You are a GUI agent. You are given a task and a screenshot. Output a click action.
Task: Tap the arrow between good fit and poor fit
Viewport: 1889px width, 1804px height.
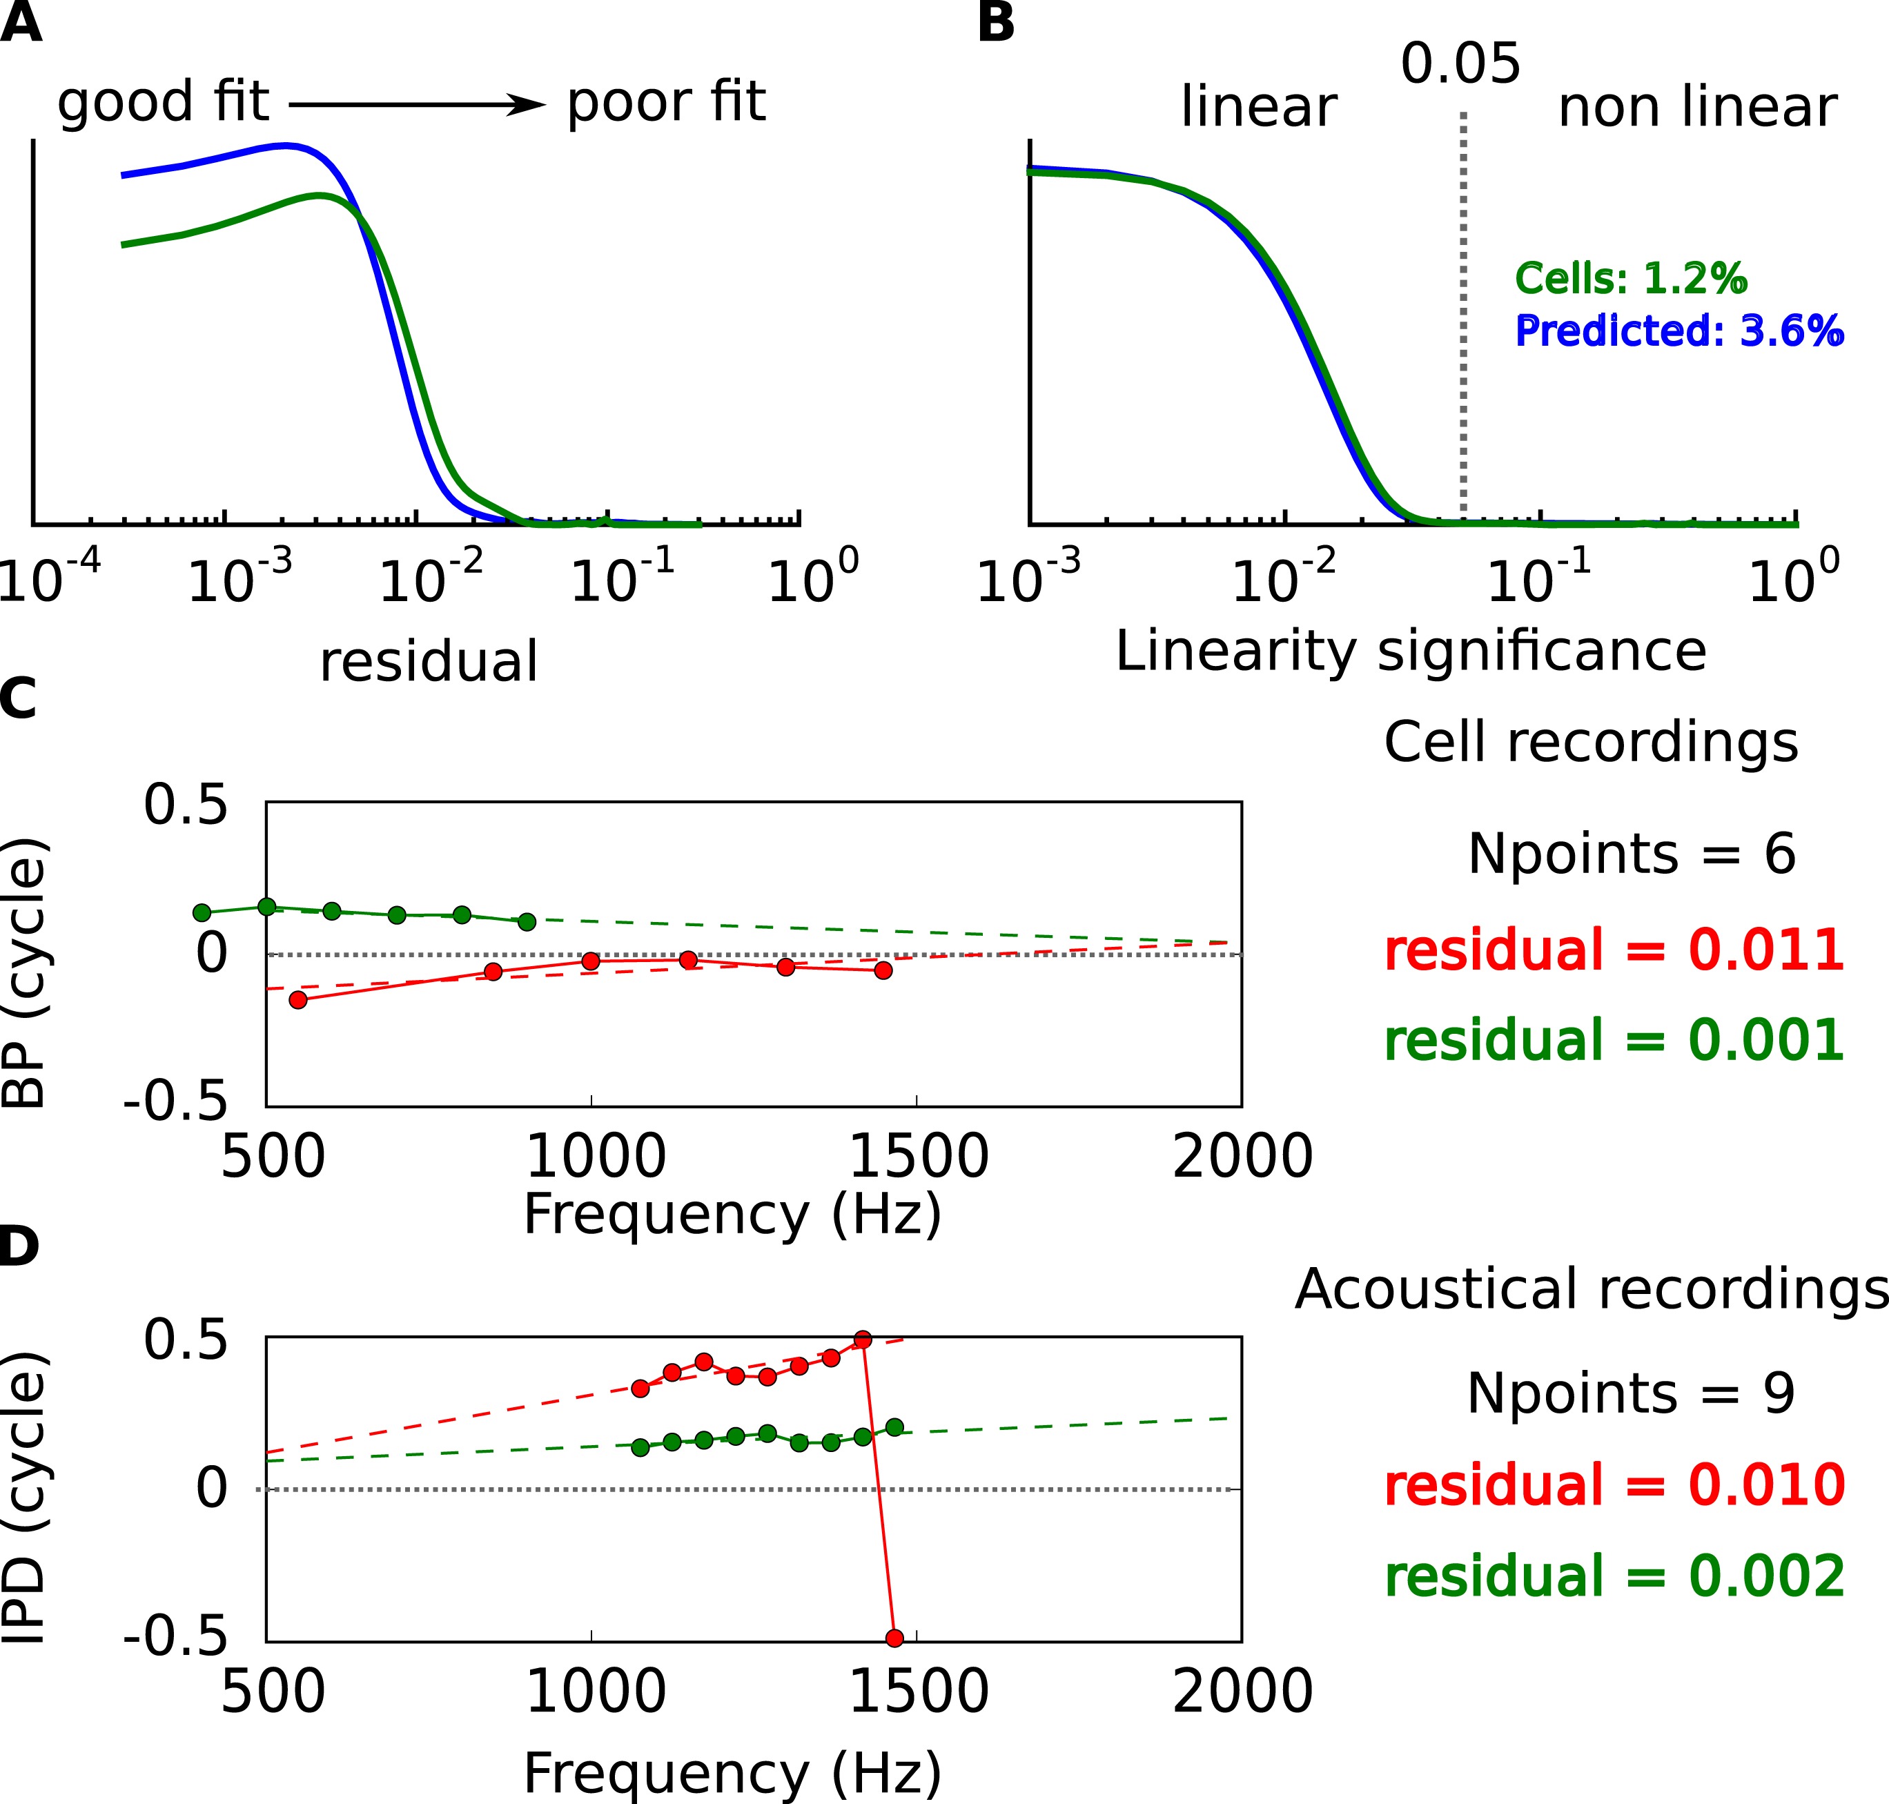tap(416, 105)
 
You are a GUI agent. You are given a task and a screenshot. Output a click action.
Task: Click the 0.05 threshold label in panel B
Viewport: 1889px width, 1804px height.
tap(1460, 64)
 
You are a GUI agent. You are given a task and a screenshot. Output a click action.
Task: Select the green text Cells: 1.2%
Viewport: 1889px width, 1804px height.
tap(1630, 279)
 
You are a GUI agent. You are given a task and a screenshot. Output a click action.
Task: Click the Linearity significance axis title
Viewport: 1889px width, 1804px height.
tap(1410, 651)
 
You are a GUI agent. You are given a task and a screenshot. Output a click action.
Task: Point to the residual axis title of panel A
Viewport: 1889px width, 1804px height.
tap(429, 662)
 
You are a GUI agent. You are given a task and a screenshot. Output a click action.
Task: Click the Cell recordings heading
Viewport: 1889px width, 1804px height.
tap(1591, 743)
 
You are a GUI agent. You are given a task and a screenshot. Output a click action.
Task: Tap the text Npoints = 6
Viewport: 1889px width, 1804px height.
tap(1632, 853)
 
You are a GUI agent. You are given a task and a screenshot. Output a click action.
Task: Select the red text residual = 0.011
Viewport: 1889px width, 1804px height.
tap(1614, 950)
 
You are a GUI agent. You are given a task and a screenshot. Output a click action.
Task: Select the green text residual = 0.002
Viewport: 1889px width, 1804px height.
tap(1614, 1576)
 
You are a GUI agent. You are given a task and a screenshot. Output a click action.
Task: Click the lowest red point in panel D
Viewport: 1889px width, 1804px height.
tap(894, 1638)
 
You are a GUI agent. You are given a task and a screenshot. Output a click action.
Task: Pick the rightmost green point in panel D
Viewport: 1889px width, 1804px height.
tap(894, 1427)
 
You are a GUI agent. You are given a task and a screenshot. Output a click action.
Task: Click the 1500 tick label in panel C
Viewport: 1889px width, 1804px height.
tap(919, 1156)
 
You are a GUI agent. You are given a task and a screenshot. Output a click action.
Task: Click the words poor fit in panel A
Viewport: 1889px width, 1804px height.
tap(665, 102)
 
